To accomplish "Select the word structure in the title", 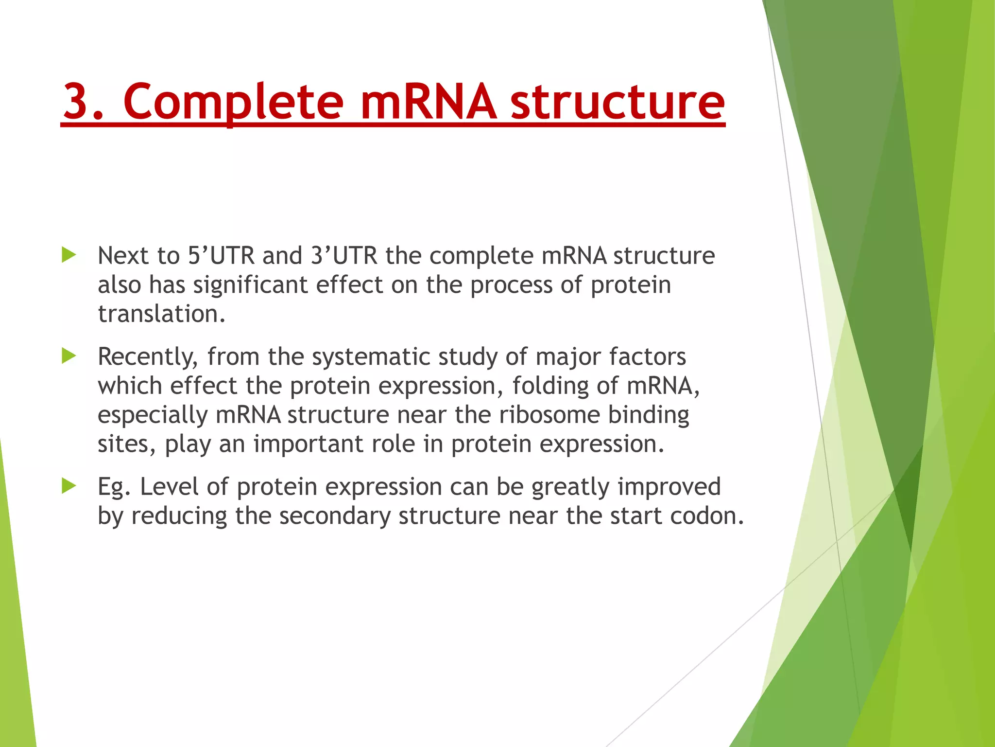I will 618,102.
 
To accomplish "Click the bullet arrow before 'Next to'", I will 69,255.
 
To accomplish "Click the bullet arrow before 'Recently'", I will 69,356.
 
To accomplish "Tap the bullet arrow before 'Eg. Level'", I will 69,486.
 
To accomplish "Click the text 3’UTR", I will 344,255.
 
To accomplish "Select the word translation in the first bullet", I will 161,314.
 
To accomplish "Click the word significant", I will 250,285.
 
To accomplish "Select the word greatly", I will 570,487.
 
